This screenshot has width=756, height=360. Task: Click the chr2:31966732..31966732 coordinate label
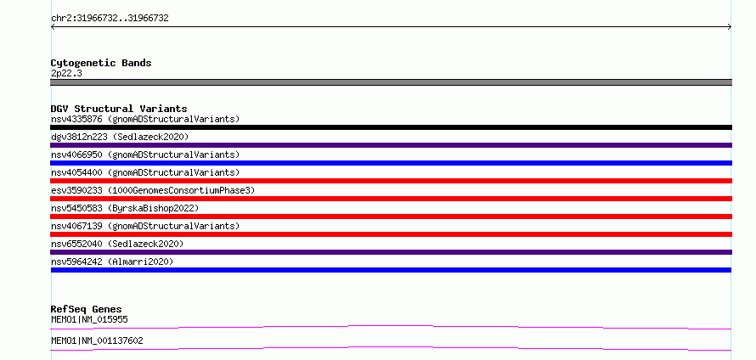pos(110,19)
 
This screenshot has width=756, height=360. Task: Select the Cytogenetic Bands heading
pos(101,63)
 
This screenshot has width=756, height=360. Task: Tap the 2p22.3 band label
pos(66,74)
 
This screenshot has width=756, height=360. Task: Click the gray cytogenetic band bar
pos(391,82)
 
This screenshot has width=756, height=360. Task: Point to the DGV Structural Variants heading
pos(119,109)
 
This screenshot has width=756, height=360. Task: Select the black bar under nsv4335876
pos(391,127)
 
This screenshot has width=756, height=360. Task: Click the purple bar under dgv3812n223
pos(391,145)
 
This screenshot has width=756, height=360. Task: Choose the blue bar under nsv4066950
pos(391,163)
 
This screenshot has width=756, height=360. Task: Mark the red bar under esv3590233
pos(391,199)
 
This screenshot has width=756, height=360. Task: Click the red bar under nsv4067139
pos(391,234)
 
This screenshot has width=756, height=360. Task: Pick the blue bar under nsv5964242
pos(391,270)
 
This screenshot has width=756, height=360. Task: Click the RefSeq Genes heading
pos(87,309)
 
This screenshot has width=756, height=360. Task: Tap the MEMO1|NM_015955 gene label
pos(89,319)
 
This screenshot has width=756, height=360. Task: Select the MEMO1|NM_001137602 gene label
pos(97,341)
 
